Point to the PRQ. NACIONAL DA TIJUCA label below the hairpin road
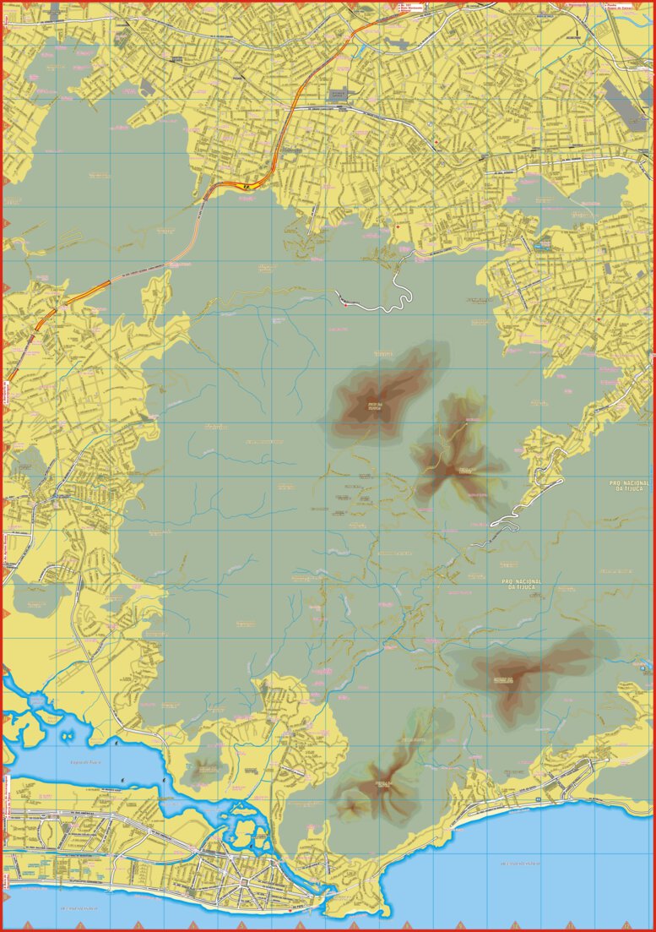click(x=521, y=583)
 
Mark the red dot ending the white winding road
click(x=344, y=304)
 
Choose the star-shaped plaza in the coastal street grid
click(x=244, y=881)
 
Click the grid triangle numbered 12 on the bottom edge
click(x=626, y=924)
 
